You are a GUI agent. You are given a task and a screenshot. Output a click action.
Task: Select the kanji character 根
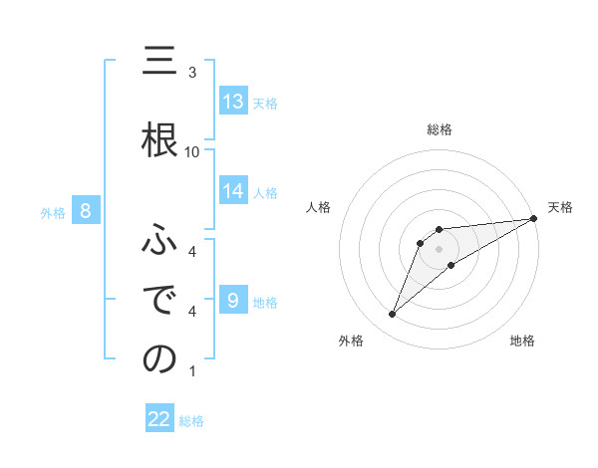tap(159, 139)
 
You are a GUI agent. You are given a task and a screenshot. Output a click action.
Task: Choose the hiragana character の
tap(159, 359)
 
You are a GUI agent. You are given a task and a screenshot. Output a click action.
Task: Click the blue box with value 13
tap(233, 101)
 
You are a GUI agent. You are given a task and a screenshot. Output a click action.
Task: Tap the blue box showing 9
tap(233, 301)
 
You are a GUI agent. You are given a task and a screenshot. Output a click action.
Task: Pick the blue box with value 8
tap(86, 210)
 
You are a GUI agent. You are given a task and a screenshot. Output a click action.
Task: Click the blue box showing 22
tap(159, 419)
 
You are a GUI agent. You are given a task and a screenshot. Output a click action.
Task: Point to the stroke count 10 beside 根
tap(192, 151)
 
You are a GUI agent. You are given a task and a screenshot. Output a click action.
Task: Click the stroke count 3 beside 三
tap(192, 73)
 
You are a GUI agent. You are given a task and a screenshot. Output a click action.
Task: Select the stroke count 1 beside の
tap(192, 372)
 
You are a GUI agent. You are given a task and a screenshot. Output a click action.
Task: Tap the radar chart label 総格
tap(440, 129)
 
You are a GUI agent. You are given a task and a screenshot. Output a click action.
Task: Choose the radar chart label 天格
tap(560, 207)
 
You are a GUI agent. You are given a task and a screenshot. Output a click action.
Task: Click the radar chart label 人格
tap(318, 207)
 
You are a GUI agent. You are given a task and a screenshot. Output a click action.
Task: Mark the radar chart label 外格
tap(351, 341)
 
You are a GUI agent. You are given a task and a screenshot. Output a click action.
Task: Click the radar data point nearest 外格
tap(392, 315)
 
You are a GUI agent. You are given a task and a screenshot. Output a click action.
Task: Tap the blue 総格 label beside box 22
tap(191, 421)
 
